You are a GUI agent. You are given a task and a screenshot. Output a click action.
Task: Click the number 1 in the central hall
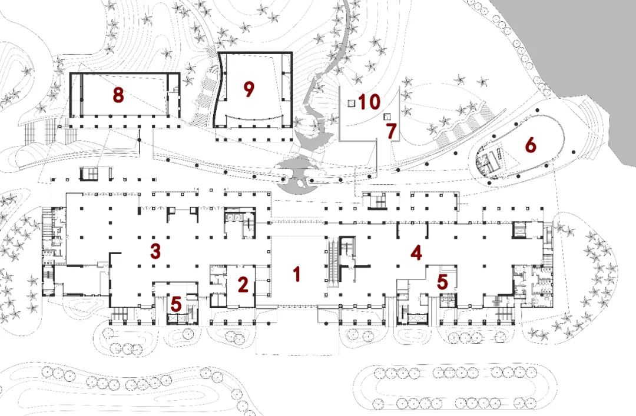(297, 274)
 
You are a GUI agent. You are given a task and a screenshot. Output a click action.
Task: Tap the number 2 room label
(243, 285)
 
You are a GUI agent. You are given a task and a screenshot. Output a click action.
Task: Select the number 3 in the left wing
(155, 251)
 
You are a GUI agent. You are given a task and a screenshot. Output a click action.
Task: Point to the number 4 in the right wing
(416, 252)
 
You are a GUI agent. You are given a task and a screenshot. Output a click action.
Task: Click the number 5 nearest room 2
(176, 304)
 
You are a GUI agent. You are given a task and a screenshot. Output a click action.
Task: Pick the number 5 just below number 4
(442, 282)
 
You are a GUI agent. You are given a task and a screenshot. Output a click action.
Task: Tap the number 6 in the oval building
(531, 145)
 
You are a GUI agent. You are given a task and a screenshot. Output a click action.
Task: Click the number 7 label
(392, 131)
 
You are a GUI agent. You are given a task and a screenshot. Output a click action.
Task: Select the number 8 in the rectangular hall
(118, 95)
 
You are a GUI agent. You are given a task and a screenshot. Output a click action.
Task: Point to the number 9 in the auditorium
(249, 89)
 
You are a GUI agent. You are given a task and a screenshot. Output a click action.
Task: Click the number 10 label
(369, 102)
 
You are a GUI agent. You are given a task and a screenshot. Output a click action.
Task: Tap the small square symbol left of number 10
(352, 103)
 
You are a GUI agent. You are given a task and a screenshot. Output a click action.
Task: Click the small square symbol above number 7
(387, 117)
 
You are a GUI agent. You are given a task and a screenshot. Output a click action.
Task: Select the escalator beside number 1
(333, 264)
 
